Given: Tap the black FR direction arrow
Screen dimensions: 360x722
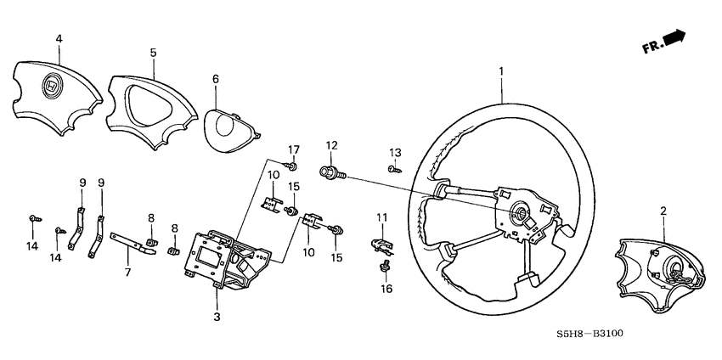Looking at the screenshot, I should click(x=674, y=38).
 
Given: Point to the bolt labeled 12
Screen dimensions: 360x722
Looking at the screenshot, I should click(x=330, y=173).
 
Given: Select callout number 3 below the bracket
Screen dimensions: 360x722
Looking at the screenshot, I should click(x=217, y=316).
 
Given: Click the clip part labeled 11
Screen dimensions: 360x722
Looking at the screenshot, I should click(x=381, y=245).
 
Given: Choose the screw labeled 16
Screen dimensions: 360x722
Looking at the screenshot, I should click(x=384, y=268).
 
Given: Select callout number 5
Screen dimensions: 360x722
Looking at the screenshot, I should click(x=153, y=52).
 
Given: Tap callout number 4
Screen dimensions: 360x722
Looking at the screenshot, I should click(x=59, y=38).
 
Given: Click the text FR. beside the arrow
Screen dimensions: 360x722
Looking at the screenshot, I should click(x=652, y=48).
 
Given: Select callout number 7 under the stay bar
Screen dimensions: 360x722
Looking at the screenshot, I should click(x=128, y=273).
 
